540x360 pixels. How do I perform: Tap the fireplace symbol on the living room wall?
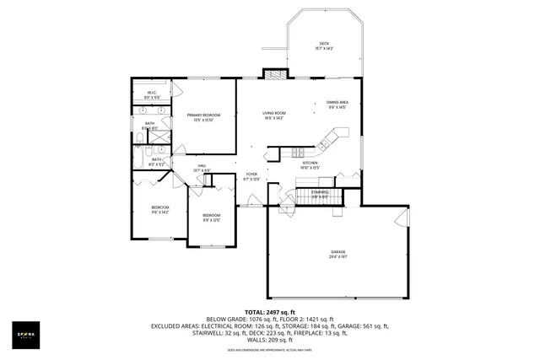[274, 73]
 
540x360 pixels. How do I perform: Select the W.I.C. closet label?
[152, 95]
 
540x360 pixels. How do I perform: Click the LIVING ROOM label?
[274, 115]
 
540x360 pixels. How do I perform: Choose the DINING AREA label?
[337, 104]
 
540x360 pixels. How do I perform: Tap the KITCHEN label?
[321, 165]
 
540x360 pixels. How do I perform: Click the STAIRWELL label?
[320, 194]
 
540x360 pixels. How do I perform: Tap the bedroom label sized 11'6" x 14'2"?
[160, 210]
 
